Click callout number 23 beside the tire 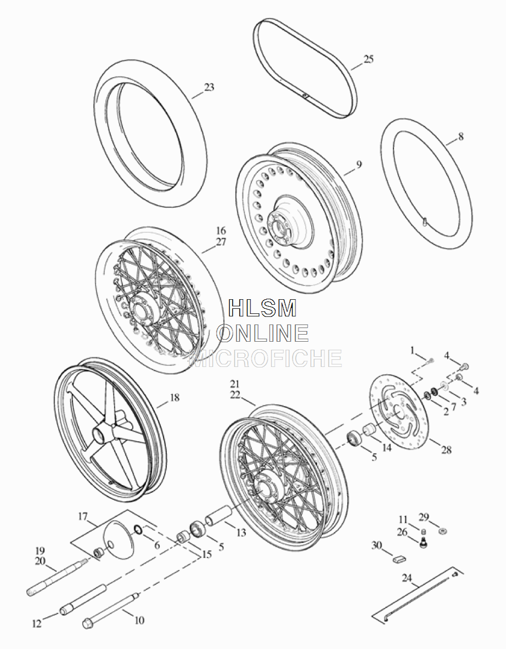click(209, 87)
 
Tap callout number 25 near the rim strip click(368, 59)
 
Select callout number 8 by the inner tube click(460, 137)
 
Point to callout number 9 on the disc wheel click(359, 164)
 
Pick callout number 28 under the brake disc click(446, 458)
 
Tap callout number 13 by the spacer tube click(241, 532)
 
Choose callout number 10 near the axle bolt click(139, 620)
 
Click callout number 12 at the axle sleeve click(37, 624)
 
